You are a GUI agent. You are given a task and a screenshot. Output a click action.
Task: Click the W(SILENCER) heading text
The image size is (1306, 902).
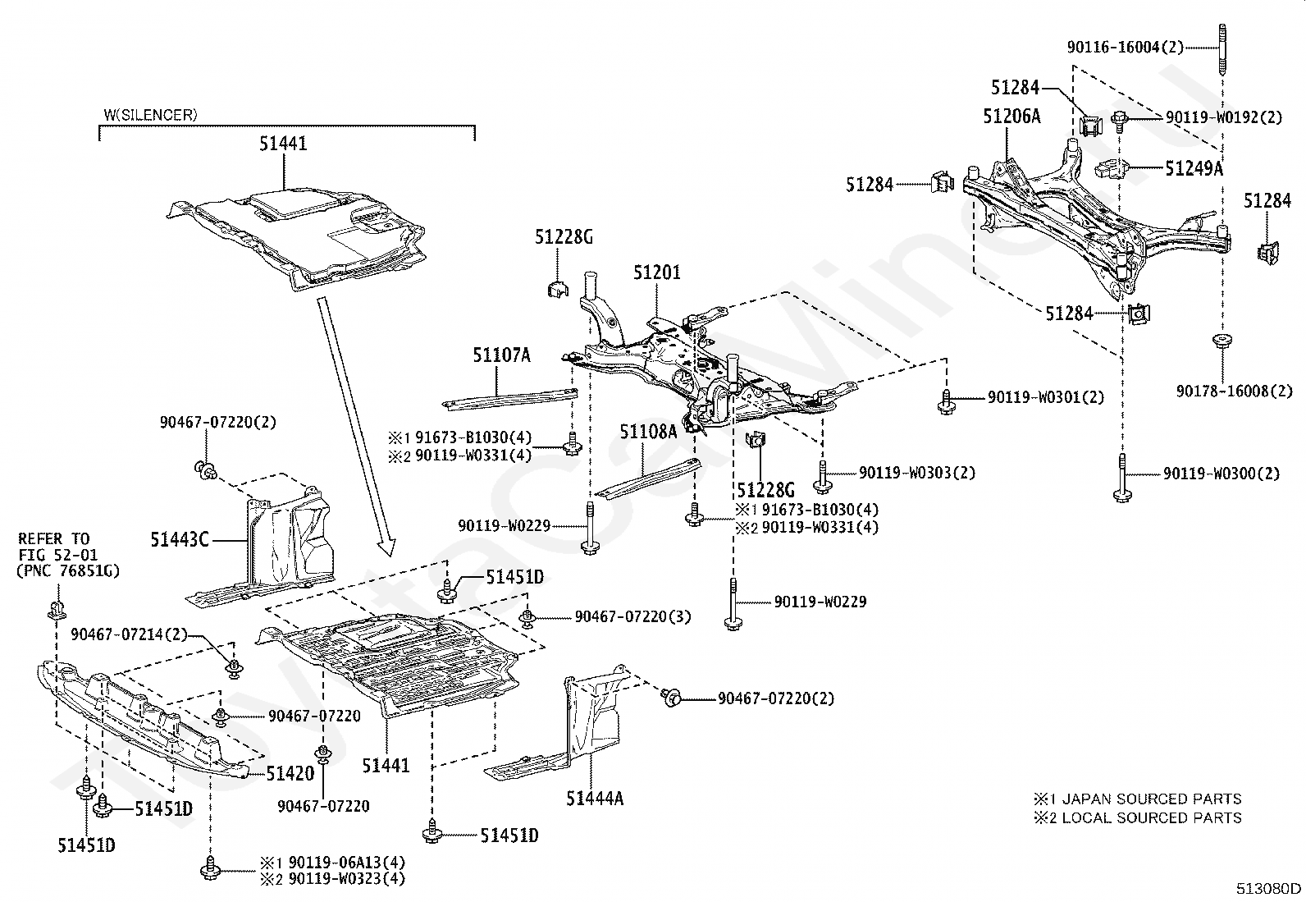(x=151, y=115)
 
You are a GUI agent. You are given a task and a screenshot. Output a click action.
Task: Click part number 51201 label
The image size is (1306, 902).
(x=657, y=272)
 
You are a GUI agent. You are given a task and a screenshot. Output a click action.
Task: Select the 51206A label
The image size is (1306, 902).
(x=1011, y=117)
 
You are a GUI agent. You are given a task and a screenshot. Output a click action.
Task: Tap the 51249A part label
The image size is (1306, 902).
(x=1194, y=168)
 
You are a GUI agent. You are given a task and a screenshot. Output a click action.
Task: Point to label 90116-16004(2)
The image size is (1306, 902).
(x=1126, y=48)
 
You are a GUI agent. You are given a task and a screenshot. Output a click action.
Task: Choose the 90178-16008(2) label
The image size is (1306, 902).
(x=1235, y=391)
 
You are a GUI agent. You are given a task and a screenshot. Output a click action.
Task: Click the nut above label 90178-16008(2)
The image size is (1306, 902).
(x=1222, y=340)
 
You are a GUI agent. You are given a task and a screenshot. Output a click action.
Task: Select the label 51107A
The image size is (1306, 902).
(x=501, y=355)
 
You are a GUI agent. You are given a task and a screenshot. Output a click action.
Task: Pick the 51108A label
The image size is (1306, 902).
(x=648, y=431)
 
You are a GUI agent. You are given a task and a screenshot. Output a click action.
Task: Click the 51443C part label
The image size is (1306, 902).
(x=180, y=540)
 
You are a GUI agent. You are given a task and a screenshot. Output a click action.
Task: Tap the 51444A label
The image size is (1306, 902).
(x=595, y=798)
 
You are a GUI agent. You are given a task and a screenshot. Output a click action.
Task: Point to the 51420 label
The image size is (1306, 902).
(x=290, y=774)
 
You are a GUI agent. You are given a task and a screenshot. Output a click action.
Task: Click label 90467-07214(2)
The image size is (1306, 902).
(x=130, y=634)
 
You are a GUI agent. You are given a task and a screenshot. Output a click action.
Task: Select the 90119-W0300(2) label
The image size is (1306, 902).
(x=1222, y=474)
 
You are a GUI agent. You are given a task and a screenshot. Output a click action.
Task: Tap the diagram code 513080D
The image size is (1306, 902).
(x=1269, y=889)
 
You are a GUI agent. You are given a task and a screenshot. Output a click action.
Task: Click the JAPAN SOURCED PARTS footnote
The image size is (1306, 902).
(x=1138, y=799)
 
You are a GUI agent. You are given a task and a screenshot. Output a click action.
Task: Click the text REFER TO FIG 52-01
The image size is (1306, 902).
(x=57, y=547)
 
